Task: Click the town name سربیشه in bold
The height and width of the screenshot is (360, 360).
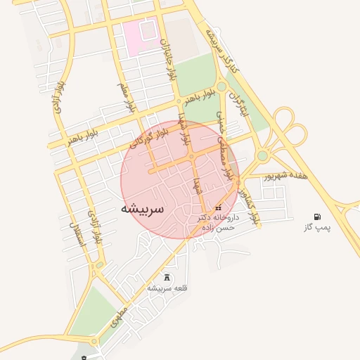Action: pos(143,209)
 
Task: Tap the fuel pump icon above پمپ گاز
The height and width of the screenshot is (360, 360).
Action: pos(318,217)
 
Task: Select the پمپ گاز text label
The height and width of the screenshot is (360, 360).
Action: pos(317,228)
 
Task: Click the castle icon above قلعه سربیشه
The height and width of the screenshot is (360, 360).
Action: pos(167,277)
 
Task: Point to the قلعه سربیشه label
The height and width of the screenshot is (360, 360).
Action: pos(166,288)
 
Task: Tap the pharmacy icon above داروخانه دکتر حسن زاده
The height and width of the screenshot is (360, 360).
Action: pos(218,207)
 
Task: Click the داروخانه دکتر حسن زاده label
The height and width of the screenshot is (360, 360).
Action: pos(218,223)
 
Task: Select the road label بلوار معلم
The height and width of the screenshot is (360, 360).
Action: pos(125,96)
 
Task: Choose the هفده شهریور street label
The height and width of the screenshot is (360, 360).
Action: pos(285,176)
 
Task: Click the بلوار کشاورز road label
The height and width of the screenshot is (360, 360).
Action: pos(249,200)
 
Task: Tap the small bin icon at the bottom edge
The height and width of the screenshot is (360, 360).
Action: pos(84,357)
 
